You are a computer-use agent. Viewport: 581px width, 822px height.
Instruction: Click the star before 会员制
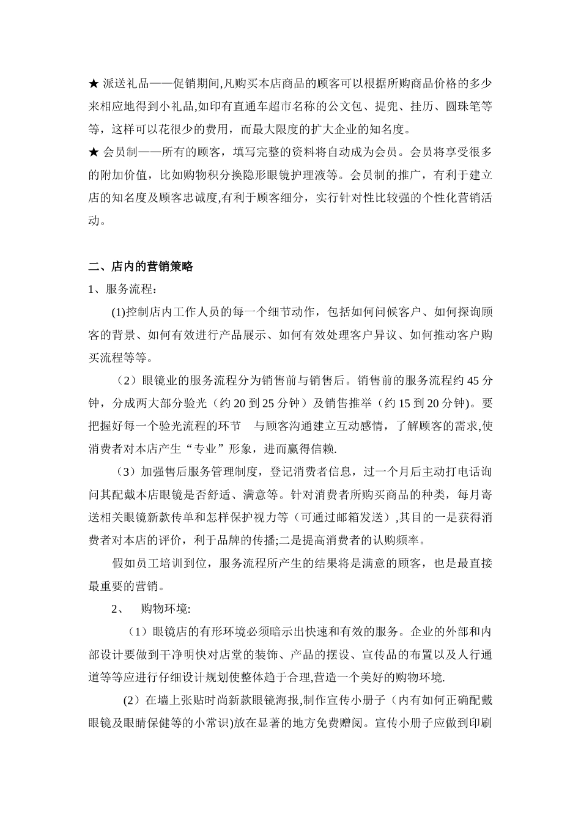(94, 152)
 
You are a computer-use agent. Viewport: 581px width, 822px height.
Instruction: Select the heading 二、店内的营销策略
(141, 267)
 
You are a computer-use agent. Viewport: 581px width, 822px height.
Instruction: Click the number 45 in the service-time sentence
(472, 380)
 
